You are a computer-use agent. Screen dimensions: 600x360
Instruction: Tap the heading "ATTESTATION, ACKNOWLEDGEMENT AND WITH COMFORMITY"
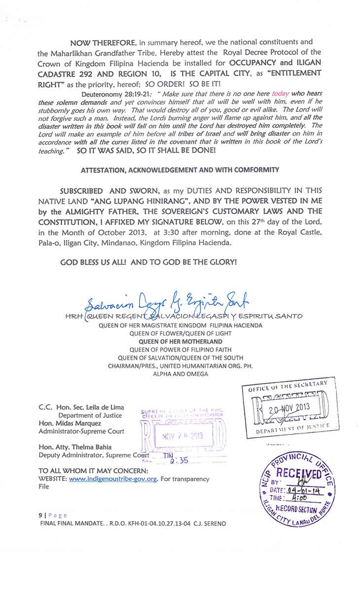(180, 170)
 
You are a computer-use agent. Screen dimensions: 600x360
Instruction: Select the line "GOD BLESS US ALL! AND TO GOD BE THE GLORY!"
(148, 262)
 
